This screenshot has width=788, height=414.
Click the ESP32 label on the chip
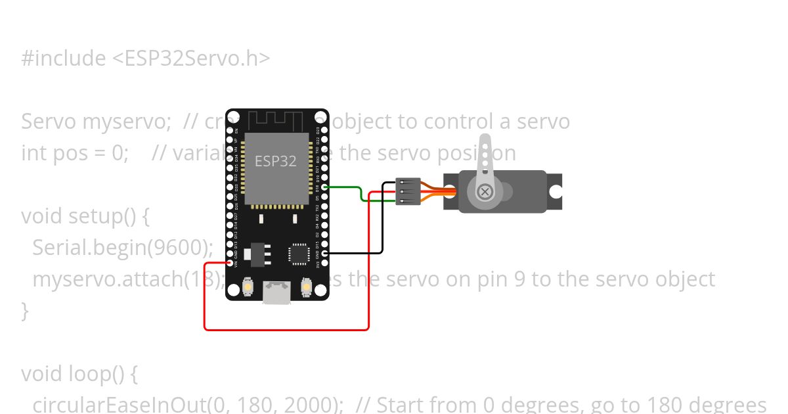276,161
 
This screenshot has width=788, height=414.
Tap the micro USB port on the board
276,292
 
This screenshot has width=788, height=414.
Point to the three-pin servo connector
408,191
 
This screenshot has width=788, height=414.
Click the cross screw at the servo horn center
485,191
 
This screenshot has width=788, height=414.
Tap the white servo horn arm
485,158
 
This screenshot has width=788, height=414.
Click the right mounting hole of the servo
556,191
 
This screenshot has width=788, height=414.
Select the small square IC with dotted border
299,254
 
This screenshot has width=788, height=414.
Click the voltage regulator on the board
257,254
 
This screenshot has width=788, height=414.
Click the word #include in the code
63,58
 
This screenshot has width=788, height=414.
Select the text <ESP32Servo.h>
191,58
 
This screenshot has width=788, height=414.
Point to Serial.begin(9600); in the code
123,248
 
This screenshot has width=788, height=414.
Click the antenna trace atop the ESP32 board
276,121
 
